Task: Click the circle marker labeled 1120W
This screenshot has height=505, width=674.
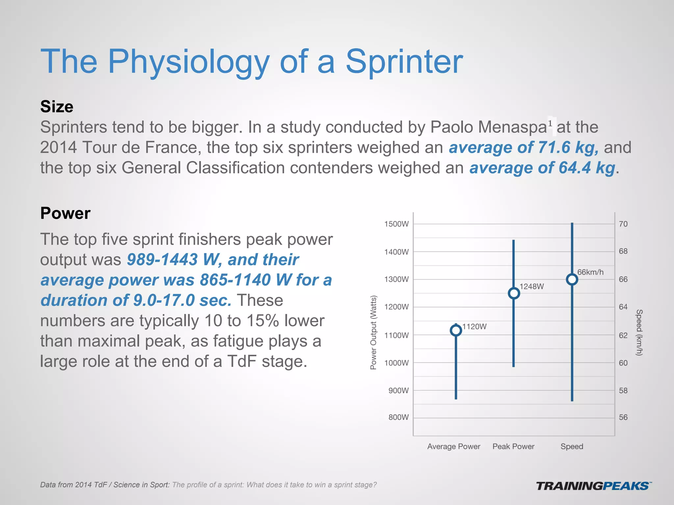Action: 456,330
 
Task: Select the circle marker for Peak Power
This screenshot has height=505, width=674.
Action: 514,293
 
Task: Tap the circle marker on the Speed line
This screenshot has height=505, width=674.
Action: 572,279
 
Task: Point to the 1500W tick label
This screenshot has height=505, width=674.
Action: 396,224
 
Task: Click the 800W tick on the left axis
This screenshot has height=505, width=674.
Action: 398,417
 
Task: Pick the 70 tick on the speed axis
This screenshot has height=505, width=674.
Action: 623,224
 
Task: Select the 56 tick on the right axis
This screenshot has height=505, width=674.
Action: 623,417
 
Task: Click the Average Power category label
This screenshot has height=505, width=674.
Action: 454,446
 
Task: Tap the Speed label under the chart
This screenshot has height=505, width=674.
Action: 572,446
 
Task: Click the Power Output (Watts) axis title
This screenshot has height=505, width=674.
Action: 373,332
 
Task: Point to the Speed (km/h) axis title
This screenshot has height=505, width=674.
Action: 639,332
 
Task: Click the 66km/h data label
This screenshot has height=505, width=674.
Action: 590,272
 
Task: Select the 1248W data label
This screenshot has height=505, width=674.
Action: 531,286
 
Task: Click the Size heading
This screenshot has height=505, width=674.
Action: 57,107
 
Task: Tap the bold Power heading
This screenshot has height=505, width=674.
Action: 65,213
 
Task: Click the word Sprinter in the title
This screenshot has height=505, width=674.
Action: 404,61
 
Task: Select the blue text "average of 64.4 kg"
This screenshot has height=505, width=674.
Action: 542,168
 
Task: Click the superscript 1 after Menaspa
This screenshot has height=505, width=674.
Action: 550,123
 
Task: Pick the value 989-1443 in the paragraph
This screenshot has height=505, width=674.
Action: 162,259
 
